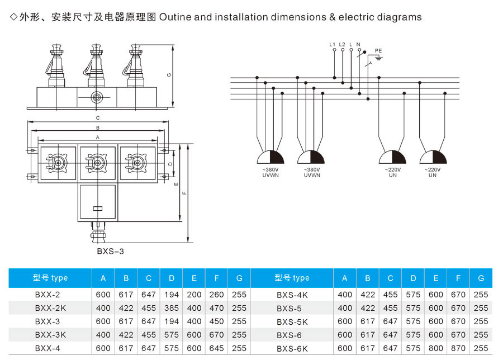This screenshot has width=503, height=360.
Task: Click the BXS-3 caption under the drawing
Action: [110, 251]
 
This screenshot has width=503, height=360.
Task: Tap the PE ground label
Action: [378, 51]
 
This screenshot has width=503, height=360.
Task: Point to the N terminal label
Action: [358, 44]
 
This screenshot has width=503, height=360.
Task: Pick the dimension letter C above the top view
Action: [97, 118]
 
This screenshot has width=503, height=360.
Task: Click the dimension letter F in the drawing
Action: [184, 193]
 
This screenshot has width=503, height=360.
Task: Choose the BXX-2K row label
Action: [50, 308]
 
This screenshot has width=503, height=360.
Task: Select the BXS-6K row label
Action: [292, 348]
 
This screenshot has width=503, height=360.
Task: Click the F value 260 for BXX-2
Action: [216, 295]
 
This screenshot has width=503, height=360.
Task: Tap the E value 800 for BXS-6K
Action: [435, 348]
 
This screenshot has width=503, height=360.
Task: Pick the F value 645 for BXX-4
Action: [216, 348]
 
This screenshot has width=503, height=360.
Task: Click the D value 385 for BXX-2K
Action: [171, 308]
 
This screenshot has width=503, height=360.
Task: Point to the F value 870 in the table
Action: [458, 348]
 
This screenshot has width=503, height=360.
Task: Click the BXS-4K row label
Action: [292, 295]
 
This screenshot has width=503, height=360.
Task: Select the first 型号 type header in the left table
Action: [50, 278]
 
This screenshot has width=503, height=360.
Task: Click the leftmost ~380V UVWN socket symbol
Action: [271, 158]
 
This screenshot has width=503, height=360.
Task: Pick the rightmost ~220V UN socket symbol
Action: [433, 158]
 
